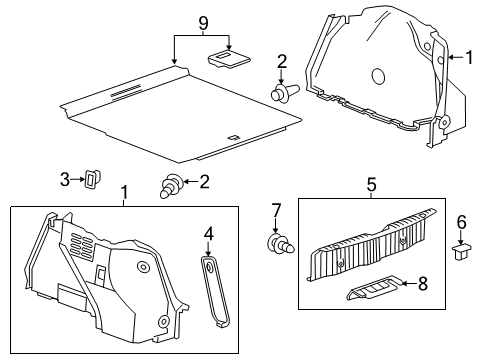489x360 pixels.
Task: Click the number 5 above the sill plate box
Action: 370,185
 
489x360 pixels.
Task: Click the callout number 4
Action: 209,236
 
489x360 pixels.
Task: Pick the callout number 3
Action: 64,179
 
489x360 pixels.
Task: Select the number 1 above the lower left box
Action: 124,191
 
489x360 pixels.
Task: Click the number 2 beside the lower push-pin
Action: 204,181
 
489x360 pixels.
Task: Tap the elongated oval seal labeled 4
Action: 212,290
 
